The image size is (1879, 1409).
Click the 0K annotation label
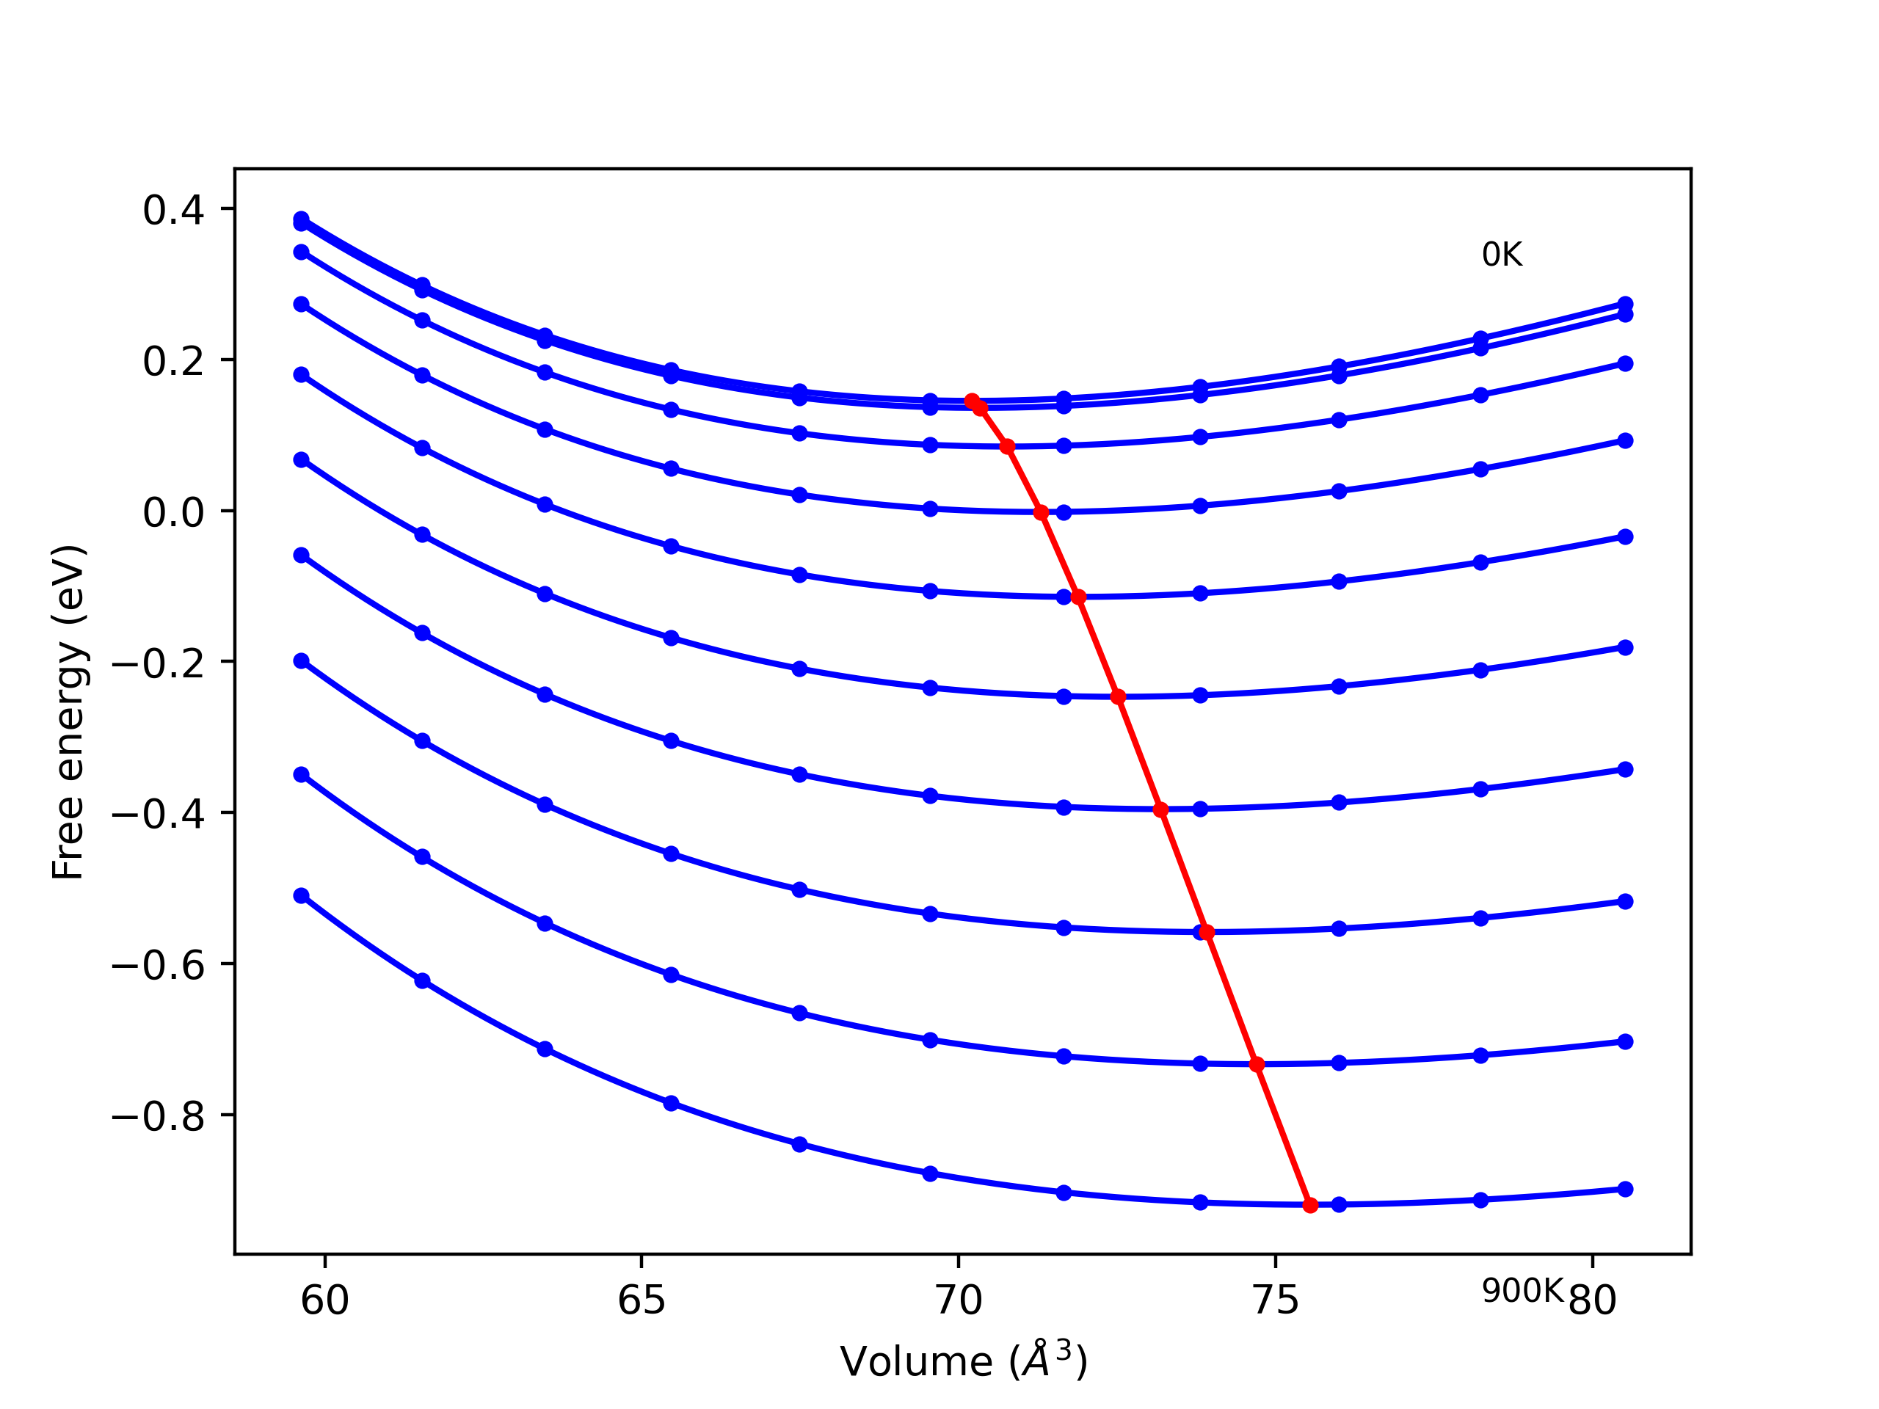[1502, 255]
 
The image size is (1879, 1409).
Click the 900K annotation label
[1522, 1291]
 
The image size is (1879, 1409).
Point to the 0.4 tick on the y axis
[173, 210]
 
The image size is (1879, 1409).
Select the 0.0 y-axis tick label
[173, 512]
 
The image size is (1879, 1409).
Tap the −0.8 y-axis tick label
[158, 1117]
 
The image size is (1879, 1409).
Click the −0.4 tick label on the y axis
[158, 815]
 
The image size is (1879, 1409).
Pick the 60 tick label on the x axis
[324, 1301]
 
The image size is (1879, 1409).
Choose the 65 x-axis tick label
[642, 1301]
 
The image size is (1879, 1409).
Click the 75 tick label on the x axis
[1275, 1301]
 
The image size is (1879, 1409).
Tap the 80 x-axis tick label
[1593, 1301]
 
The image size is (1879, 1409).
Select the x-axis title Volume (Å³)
[963, 1361]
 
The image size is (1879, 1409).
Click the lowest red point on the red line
[1310, 1205]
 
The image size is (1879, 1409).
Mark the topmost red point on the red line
[972, 401]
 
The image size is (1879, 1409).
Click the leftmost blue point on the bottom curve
[301, 896]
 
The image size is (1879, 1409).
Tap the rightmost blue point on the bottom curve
[1625, 1189]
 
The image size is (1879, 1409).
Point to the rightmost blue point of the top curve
[1625, 304]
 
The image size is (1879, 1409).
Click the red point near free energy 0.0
[1041, 512]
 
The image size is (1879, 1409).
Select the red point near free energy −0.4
[1161, 810]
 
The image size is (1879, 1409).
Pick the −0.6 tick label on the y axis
[158, 966]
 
